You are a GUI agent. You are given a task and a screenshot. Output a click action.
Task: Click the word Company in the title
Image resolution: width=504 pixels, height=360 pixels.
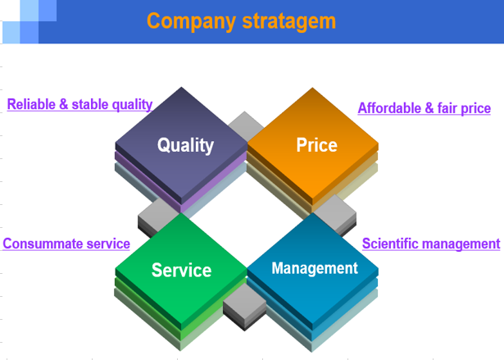coord(191,22)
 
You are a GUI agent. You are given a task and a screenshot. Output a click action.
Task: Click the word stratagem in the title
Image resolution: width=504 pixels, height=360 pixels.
coord(289,21)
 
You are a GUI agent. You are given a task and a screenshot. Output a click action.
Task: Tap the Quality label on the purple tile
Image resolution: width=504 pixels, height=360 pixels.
coord(185,145)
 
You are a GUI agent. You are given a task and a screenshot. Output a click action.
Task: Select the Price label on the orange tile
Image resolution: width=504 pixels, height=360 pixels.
coord(316,145)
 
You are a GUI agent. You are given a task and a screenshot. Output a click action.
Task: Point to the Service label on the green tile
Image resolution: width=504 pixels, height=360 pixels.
coord(181,270)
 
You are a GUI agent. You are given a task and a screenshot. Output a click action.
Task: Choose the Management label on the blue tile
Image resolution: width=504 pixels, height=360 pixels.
coord(315,268)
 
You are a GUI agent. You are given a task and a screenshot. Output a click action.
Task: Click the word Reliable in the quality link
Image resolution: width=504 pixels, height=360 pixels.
coord(31,104)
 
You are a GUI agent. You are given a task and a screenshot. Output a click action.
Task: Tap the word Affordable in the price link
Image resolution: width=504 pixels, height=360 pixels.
coord(389,108)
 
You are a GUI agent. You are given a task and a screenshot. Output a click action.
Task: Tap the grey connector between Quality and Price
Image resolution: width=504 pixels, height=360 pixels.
coord(246,126)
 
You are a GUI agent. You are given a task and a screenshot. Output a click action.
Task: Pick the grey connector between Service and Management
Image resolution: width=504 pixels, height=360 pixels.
coord(244,306)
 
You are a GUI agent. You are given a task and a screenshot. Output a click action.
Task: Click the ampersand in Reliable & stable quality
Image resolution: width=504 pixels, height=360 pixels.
coord(64,104)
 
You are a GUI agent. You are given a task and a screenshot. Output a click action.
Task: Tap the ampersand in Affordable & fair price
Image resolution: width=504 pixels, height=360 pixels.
coord(429,108)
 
